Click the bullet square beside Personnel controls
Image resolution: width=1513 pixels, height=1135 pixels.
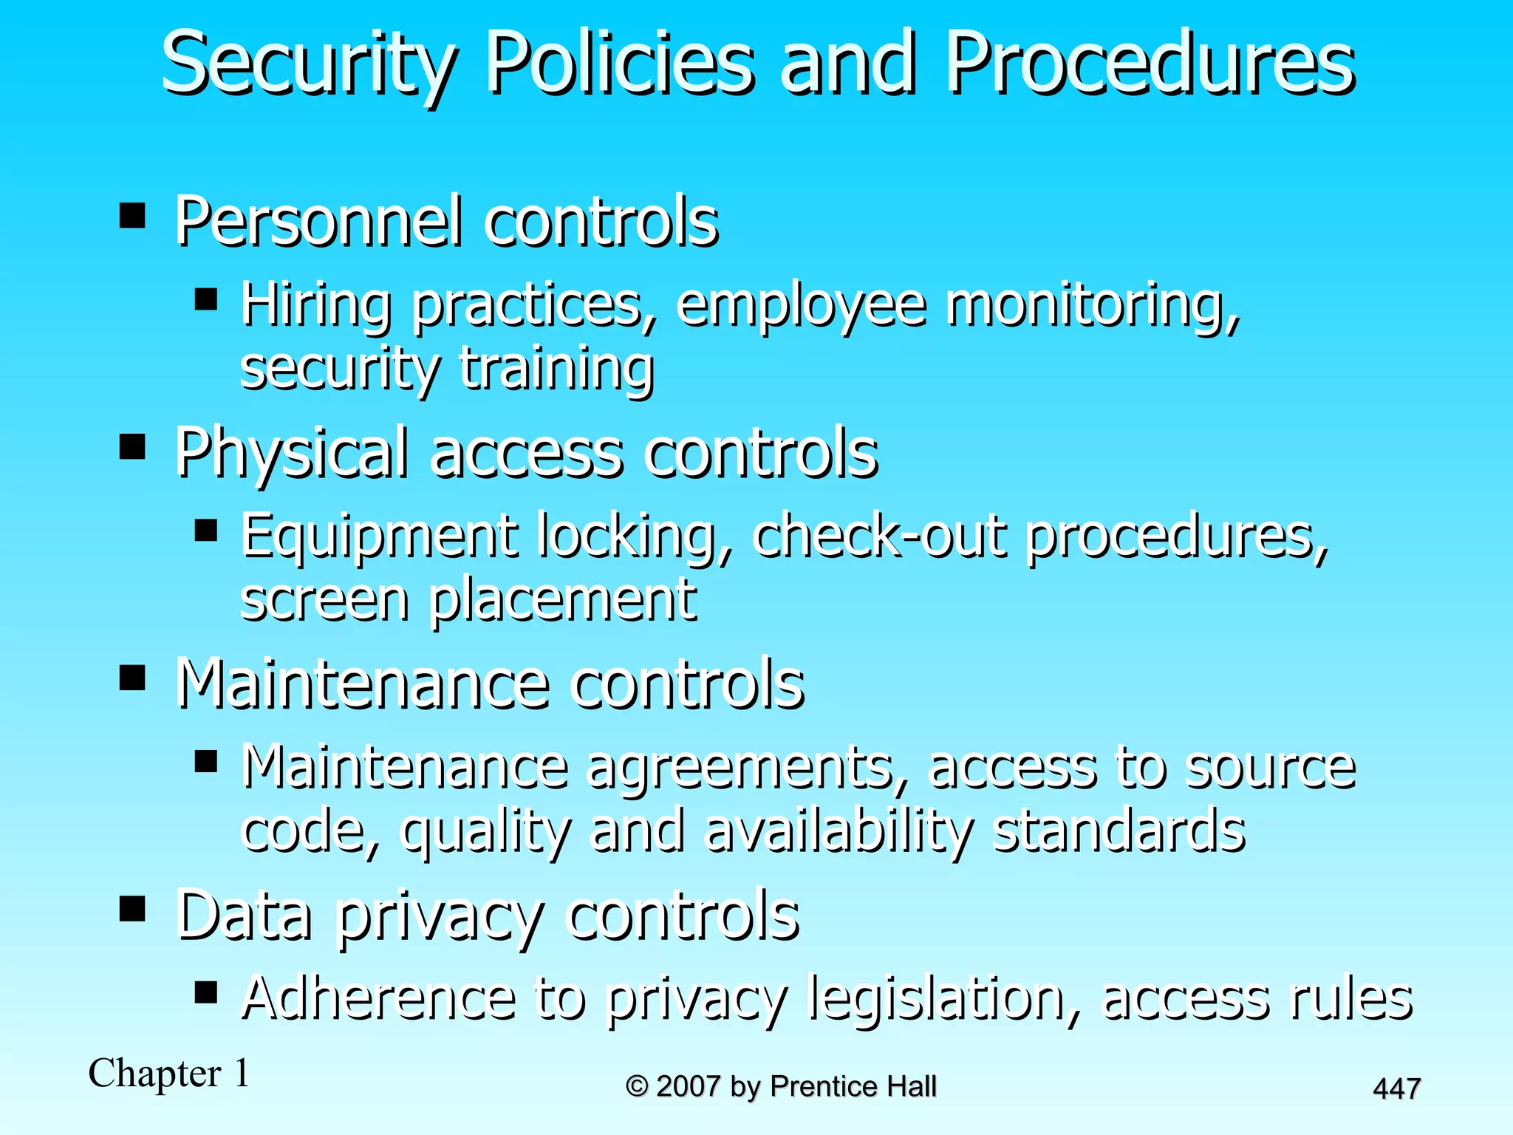pyautogui.click(x=132, y=217)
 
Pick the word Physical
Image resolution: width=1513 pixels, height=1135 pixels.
pyautogui.click(x=293, y=454)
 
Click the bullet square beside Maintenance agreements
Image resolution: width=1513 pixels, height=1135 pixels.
pyautogui.click(x=206, y=761)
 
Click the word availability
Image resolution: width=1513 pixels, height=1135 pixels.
pyautogui.click(x=839, y=832)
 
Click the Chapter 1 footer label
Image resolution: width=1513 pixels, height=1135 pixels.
pyautogui.click(x=169, y=1073)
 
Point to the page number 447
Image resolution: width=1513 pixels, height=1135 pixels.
pyautogui.click(x=1396, y=1089)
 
